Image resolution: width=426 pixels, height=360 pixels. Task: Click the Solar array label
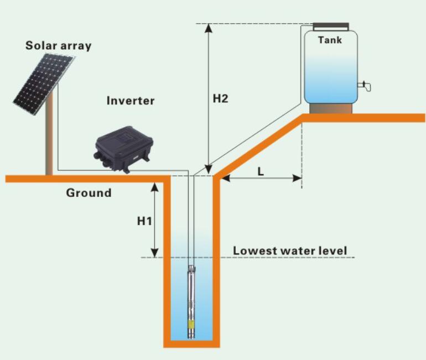pyautogui.click(x=59, y=45)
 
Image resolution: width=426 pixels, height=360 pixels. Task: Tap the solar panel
pyautogui.click(x=44, y=84)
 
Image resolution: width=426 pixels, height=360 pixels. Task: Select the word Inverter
pyautogui.click(x=131, y=101)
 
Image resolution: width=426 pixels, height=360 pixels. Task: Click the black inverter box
pyautogui.click(x=123, y=149)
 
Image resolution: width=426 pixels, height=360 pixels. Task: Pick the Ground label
pyautogui.click(x=89, y=193)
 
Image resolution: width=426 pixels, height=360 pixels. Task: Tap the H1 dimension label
pyautogui.click(x=144, y=221)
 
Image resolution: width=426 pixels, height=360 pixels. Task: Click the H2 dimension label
pyautogui.click(x=220, y=98)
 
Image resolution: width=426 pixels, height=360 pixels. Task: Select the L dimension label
pyautogui.click(x=261, y=171)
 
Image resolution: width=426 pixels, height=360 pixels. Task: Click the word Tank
pyautogui.click(x=330, y=40)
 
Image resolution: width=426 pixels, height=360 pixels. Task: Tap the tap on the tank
pyautogui.click(x=365, y=86)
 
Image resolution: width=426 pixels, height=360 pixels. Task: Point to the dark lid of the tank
pyautogui.click(x=331, y=27)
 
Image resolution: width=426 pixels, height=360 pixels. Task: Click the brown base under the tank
pyautogui.click(x=331, y=108)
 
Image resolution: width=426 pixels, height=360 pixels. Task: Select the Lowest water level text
pyautogui.click(x=290, y=251)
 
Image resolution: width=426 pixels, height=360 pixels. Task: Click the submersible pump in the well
pyautogui.click(x=191, y=301)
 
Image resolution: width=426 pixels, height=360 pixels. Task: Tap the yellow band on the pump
pyautogui.click(x=191, y=325)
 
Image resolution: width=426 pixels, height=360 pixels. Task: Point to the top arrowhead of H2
pyautogui.click(x=209, y=28)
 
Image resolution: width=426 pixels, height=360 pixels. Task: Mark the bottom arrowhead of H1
pyautogui.click(x=154, y=253)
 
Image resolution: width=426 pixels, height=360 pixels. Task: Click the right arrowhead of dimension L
pyautogui.click(x=297, y=179)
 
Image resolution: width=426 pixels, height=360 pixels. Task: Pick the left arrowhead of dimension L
pyautogui.click(x=226, y=179)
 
